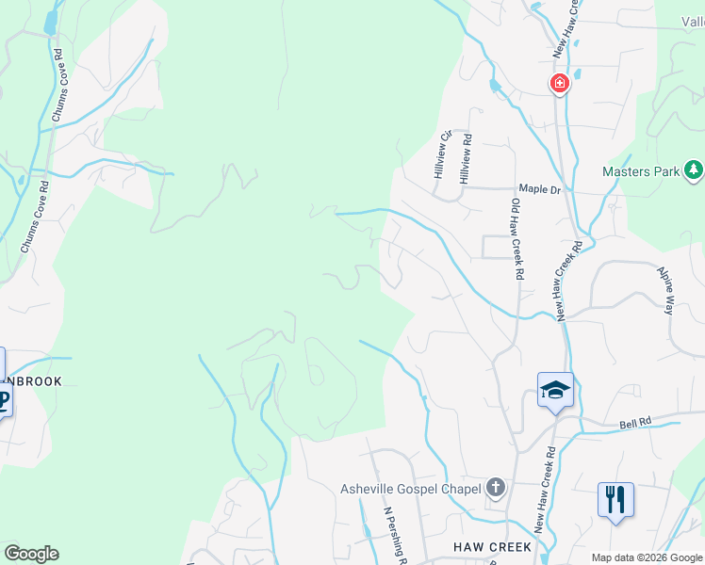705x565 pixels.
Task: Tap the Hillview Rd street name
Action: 465,158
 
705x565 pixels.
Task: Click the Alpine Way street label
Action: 666,290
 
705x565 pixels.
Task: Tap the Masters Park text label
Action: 641,172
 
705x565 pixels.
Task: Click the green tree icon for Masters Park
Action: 694,170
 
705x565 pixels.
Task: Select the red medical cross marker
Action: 559,84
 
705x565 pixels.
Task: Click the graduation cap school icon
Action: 555,388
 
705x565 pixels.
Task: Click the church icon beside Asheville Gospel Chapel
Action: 496,488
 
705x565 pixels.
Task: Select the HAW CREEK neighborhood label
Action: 494,546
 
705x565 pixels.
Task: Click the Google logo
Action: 31,554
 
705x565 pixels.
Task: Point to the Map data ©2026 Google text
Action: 646,557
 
